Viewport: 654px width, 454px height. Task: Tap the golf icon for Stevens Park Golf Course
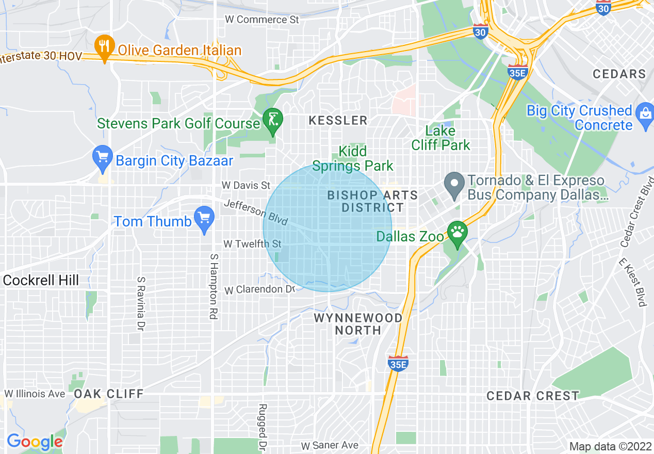coord(273,120)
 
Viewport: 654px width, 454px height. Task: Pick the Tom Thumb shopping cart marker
coord(205,218)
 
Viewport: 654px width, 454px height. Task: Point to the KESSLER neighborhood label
coord(338,120)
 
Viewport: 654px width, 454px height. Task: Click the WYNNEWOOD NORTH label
coord(358,323)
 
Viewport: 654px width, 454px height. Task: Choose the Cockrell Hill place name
coord(41,280)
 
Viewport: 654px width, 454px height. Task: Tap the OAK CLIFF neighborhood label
coord(108,394)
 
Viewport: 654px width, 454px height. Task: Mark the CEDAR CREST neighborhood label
coord(533,396)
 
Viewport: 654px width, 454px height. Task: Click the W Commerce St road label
coord(263,20)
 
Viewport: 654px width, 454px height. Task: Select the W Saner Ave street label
coord(330,445)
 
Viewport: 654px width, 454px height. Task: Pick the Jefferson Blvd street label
coord(256,212)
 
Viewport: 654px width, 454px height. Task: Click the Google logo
coord(34,442)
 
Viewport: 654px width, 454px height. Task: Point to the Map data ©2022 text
coord(609,446)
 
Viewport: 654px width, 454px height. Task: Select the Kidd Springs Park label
coord(353,158)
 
